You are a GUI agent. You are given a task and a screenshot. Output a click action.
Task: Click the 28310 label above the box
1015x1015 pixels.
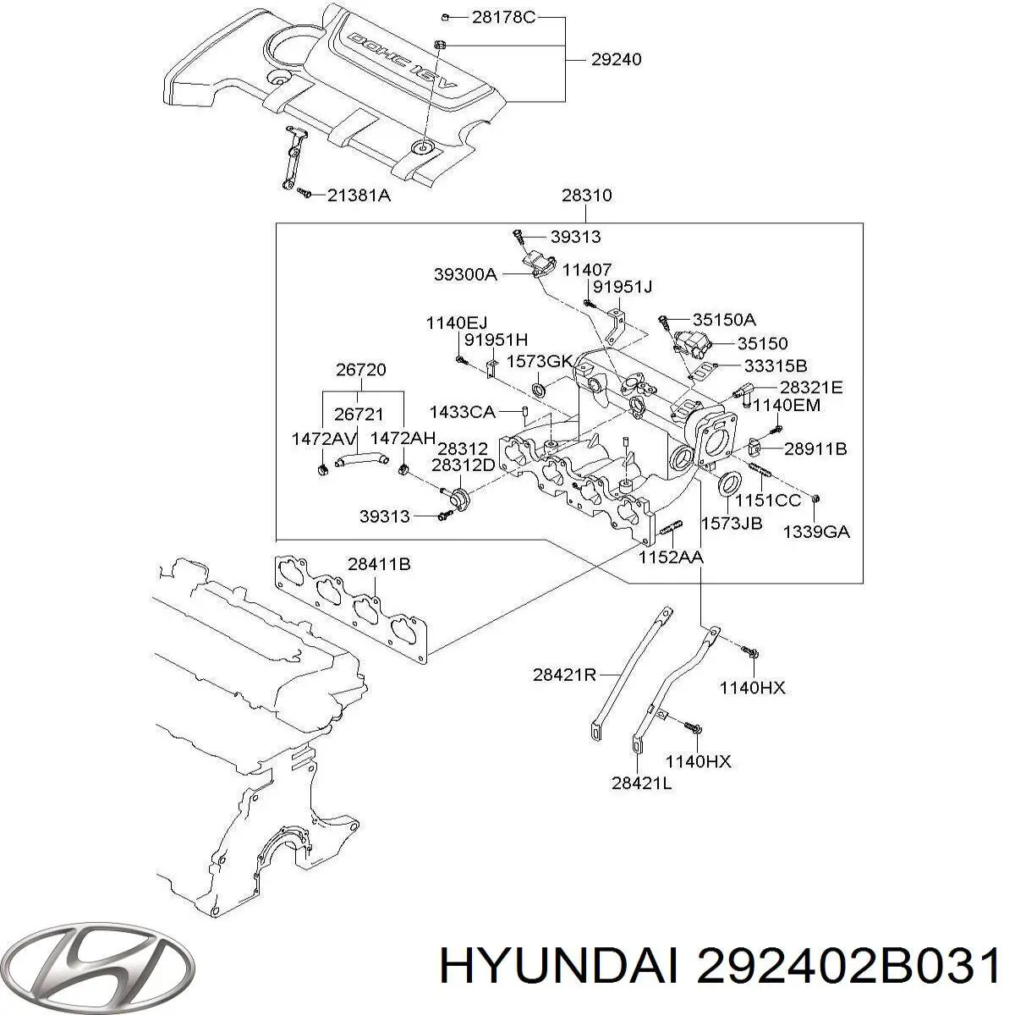pyautogui.click(x=586, y=195)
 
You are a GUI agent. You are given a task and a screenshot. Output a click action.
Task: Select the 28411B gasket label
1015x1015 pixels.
pyautogui.click(x=378, y=564)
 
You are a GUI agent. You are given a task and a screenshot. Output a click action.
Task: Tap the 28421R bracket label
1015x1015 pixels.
pyautogui.click(x=565, y=674)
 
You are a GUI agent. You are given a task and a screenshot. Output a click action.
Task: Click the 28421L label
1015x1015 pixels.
pyautogui.click(x=642, y=783)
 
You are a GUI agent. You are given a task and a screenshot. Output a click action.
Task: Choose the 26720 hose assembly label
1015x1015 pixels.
pyautogui.click(x=359, y=370)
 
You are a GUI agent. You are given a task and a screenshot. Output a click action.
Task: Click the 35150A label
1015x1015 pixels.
pyautogui.click(x=723, y=320)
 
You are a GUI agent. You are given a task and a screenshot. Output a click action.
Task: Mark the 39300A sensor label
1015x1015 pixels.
pyautogui.click(x=465, y=274)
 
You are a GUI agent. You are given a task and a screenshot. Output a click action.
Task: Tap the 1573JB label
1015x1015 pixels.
pyautogui.click(x=732, y=524)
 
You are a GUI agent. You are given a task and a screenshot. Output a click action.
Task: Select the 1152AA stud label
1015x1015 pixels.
pyautogui.click(x=671, y=557)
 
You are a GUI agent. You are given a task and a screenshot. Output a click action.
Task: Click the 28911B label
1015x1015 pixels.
pyautogui.click(x=815, y=449)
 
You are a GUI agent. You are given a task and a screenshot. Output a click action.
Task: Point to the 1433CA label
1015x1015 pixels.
pyautogui.click(x=462, y=412)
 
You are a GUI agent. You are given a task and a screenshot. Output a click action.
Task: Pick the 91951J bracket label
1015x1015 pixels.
pyautogui.click(x=623, y=287)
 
